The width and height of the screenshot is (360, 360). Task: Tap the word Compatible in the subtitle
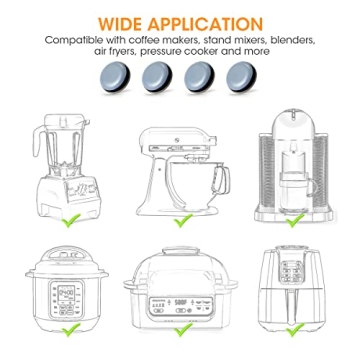(x=75, y=42)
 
